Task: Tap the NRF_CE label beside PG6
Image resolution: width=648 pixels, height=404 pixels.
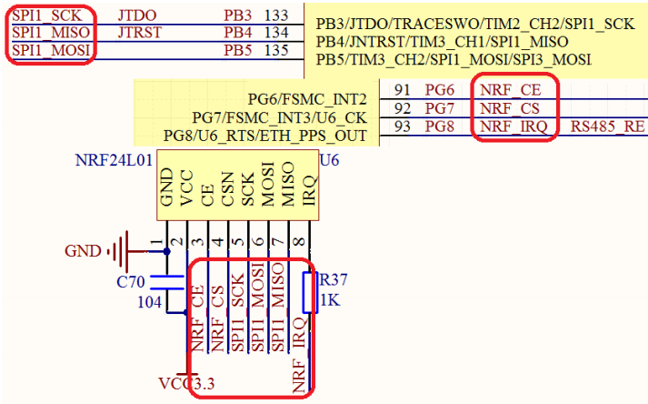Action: tap(511, 90)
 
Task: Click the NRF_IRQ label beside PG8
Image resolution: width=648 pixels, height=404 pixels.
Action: tap(513, 127)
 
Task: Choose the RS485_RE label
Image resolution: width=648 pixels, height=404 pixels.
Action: tap(607, 127)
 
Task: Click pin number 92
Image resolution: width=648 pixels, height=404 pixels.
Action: tap(403, 109)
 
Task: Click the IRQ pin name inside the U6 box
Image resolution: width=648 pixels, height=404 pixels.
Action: tap(308, 192)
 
